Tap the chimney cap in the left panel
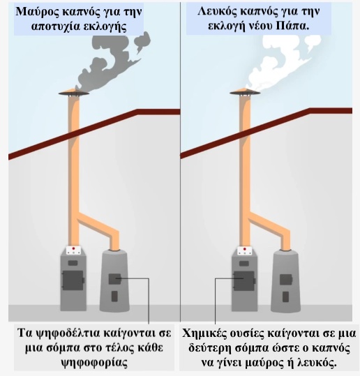point(74,92)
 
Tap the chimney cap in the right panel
point(246,92)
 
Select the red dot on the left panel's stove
point(74,248)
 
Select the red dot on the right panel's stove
point(244,249)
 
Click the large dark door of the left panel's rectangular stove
point(73,280)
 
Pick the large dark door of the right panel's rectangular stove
point(244,281)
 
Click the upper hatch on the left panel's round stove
point(115,279)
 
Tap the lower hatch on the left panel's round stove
point(114,296)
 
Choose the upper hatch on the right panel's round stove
point(286,279)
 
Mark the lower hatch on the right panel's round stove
point(285,296)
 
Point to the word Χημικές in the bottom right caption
point(202,333)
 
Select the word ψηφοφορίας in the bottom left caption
point(94,363)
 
